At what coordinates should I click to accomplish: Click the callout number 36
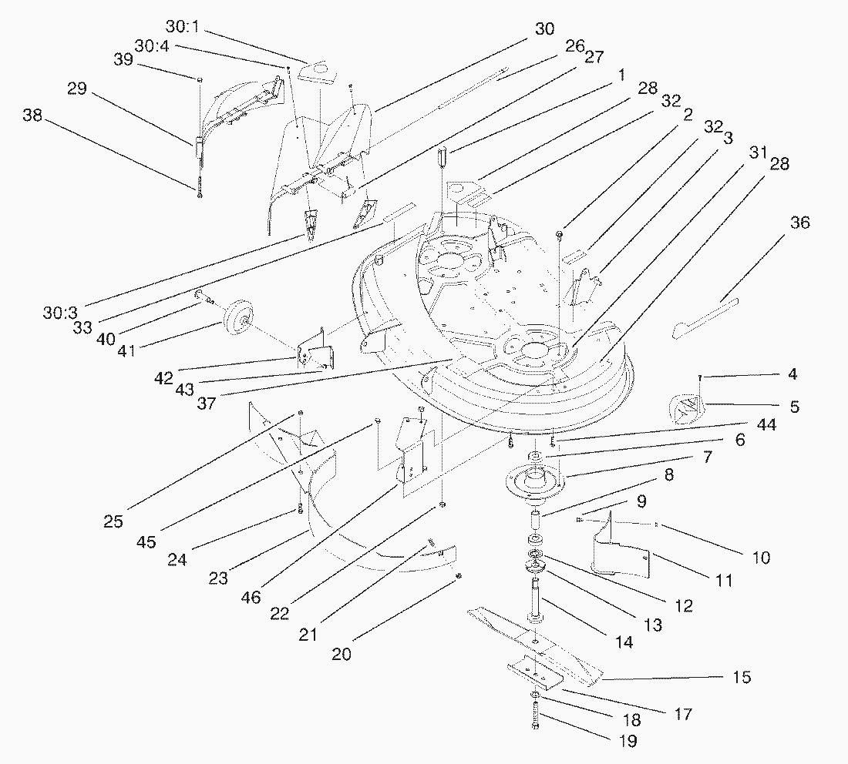point(799,223)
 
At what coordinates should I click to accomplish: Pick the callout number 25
point(113,521)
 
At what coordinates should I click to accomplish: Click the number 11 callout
point(723,581)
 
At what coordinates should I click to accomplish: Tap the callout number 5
point(793,406)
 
